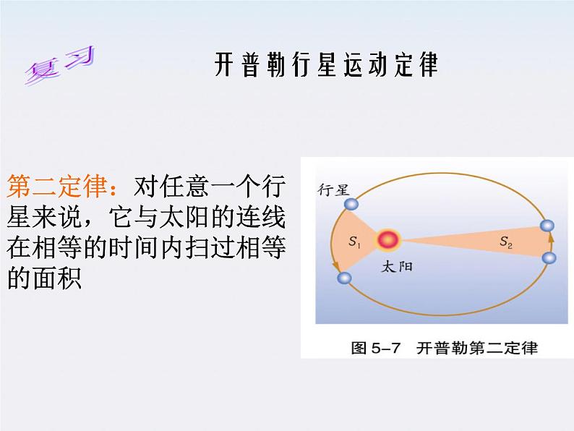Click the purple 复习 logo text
point(60,65)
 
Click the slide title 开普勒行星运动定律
point(326,64)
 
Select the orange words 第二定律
point(56,186)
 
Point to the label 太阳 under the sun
point(397,266)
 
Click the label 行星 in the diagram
point(333,189)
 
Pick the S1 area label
point(354,242)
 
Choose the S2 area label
point(506,242)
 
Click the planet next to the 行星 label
point(351,204)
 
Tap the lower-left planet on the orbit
point(344,278)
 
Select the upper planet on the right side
point(547,226)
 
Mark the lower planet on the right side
point(549,257)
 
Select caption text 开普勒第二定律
point(477,348)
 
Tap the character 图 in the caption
point(359,348)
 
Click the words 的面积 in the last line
point(44,278)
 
